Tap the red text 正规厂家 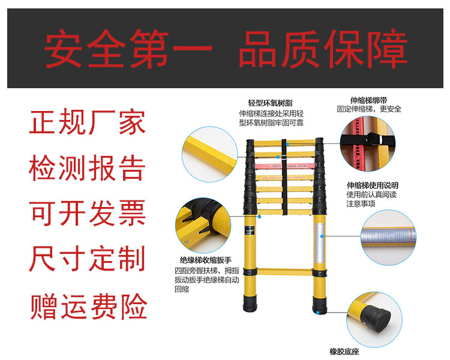point(88,125)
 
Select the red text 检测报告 point(88,169)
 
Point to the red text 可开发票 point(88,213)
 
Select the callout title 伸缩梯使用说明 point(372,185)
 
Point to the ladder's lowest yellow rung point(285,271)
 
